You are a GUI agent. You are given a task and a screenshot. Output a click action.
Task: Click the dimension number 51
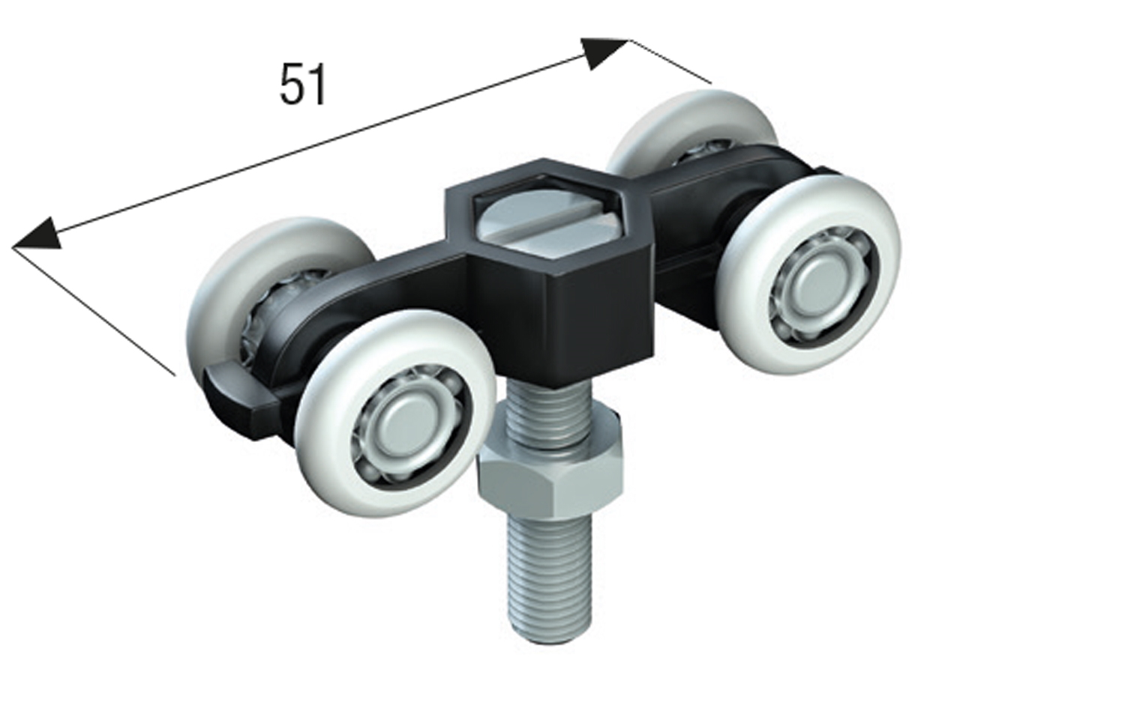click(x=303, y=85)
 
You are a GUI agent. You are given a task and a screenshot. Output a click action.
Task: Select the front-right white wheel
click(x=809, y=273)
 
